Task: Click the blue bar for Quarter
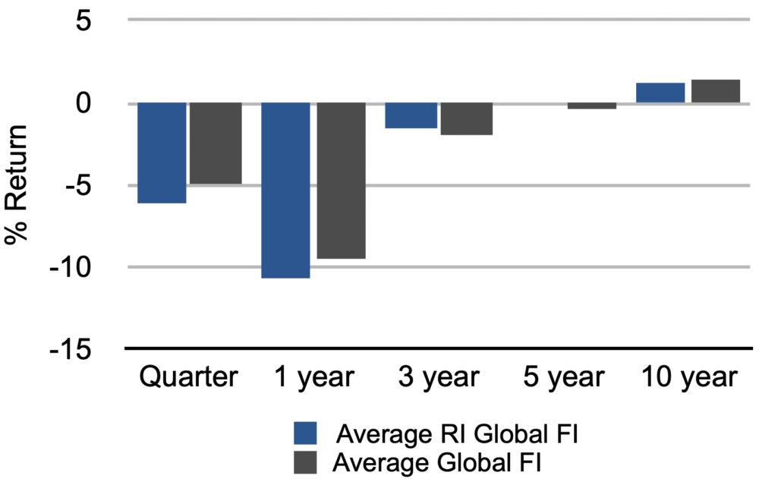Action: point(162,153)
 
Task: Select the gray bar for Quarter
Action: point(216,143)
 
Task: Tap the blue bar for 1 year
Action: point(286,191)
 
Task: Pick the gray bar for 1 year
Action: point(341,181)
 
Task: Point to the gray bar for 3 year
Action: point(466,118)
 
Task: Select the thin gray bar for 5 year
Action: point(591,106)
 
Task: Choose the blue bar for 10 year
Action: point(660,93)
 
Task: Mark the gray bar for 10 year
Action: point(715,91)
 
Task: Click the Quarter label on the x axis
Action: point(188,377)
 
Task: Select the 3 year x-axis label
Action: point(439,377)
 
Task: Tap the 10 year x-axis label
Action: point(688,377)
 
